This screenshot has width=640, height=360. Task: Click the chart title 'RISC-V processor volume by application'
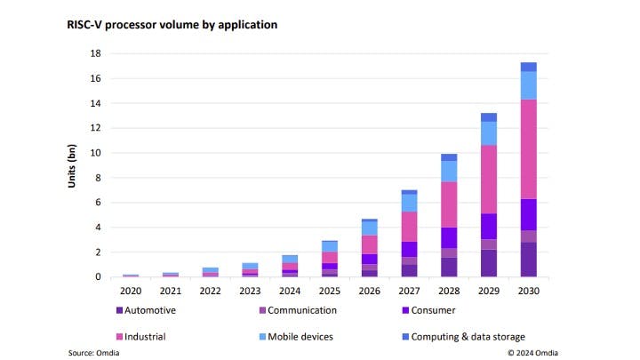click(172, 24)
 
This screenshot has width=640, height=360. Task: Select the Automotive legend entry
click(148, 310)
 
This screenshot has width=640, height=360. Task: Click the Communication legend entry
click(299, 310)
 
